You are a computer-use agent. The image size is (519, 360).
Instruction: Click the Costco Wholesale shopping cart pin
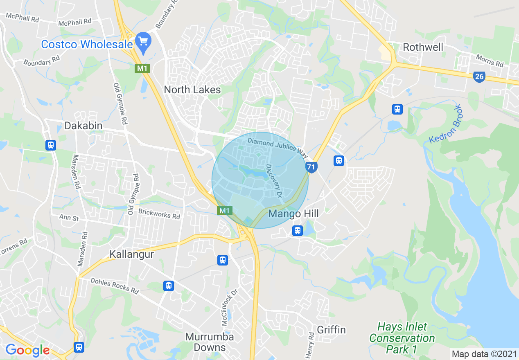pos(143,42)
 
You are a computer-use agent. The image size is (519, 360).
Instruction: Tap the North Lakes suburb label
pos(192,90)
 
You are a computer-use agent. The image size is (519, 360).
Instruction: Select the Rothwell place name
pos(423,47)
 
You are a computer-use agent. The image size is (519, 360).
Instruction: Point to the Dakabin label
pos(83,126)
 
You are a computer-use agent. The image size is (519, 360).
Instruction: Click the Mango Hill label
pos(293,214)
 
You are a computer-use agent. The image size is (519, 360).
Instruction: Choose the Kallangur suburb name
pos(131,254)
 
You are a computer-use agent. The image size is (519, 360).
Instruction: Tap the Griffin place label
pos(332,330)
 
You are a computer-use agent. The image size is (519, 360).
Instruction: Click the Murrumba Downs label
pos(209,342)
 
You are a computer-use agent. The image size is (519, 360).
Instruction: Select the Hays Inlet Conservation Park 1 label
pos(402,338)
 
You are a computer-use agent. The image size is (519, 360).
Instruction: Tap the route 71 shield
pos(311,167)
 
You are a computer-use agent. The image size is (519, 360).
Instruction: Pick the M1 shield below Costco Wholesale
pos(142,68)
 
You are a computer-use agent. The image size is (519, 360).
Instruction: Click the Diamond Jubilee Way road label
pos(278,147)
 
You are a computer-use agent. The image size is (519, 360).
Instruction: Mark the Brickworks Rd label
pos(159,214)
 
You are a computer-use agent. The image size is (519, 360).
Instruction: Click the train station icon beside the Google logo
pos(79,347)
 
